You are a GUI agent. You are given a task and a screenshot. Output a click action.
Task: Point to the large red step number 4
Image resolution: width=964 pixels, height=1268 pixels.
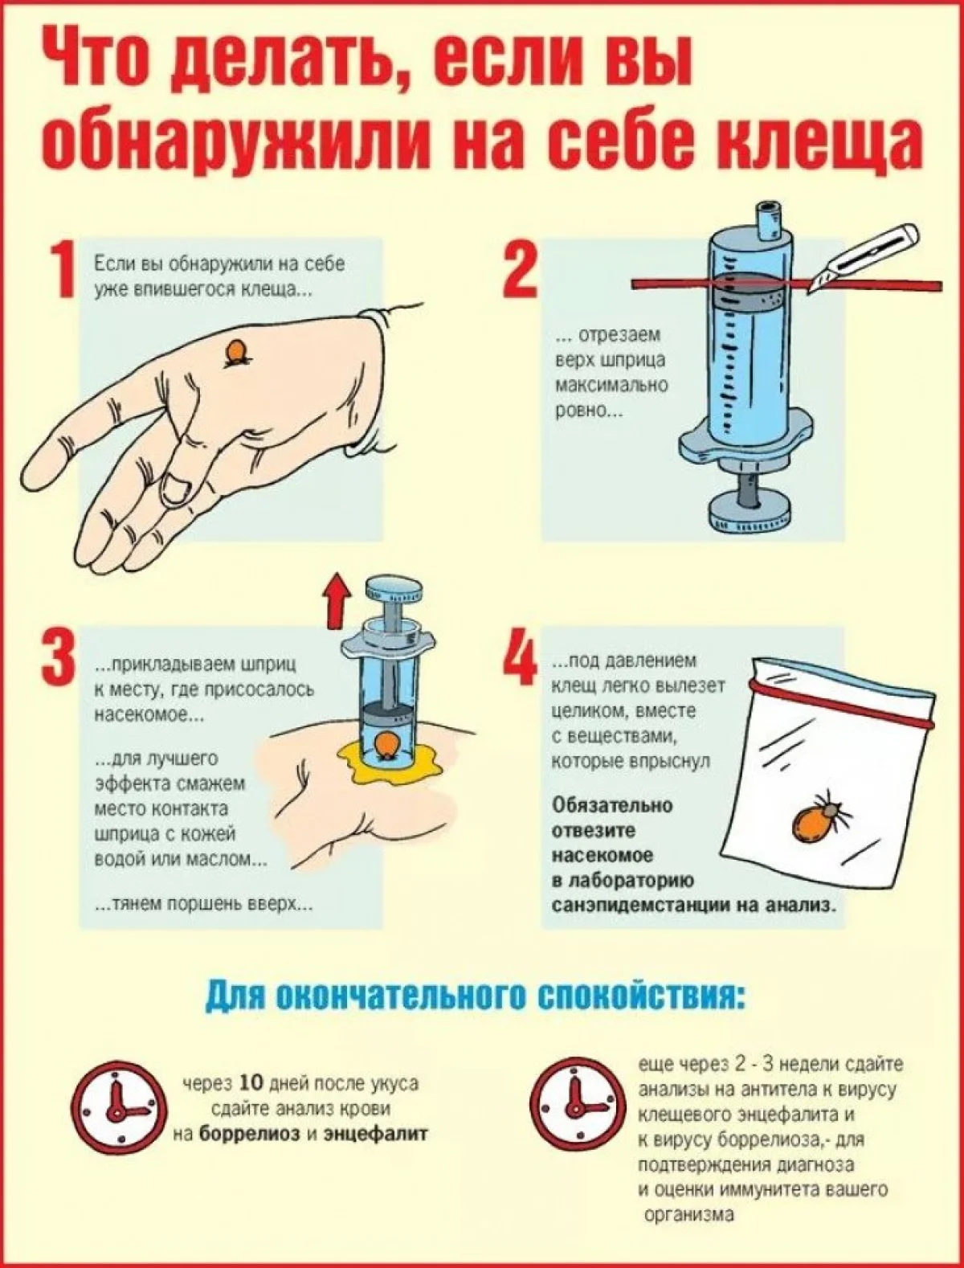point(521,655)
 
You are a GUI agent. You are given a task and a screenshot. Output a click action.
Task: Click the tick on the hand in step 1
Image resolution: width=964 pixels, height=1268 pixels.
point(237,353)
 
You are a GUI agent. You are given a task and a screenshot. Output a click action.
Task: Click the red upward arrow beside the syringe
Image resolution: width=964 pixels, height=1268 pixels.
point(337,601)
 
